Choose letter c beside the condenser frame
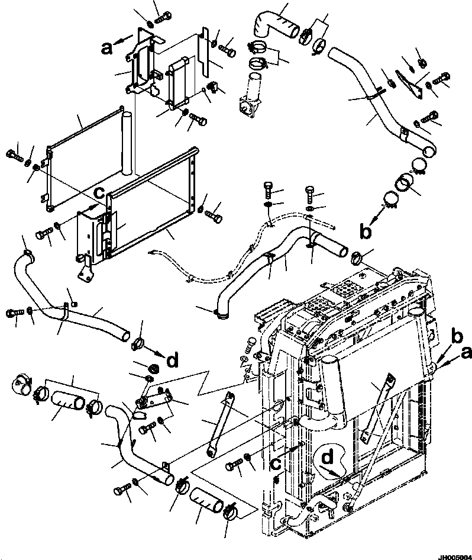(x=101, y=192)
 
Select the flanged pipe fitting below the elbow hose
(x=251, y=95)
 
